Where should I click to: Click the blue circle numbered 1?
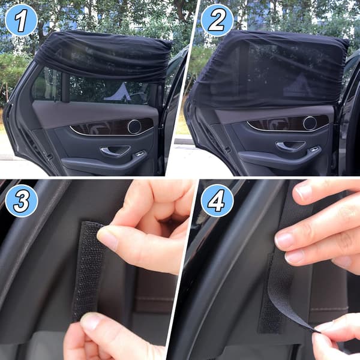pyautogui.click(x=21, y=20)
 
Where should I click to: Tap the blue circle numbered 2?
pyautogui.click(x=217, y=20)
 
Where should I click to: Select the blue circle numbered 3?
pyautogui.click(x=22, y=200)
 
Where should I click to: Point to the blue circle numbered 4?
pyautogui.click(x=217, y=200)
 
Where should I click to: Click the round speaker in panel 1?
pyautogui.click(x=134, y=127)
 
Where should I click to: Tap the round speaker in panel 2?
pyautogui.click(x=310, y=123)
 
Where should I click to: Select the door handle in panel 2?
pyautogui.click(x=290, y=146)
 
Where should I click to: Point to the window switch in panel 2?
pyautogui.click(x=315, y=149)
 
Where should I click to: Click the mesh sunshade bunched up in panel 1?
pyautogui.click(x=103, y=56)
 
